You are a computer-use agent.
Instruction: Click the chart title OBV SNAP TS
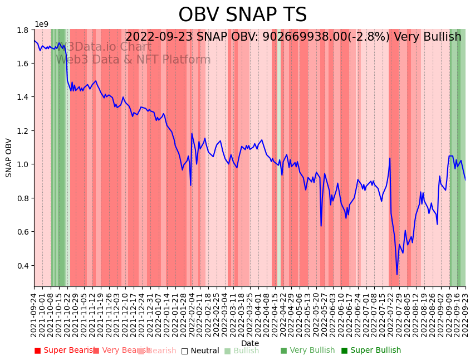tap(242, 15)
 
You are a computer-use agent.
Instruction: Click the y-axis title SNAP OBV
tap(9, 158)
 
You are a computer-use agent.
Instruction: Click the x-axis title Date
tap(250, 343)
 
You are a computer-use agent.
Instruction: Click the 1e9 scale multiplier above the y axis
tap(42, 24)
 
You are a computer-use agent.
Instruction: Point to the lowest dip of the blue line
tap(397, 274)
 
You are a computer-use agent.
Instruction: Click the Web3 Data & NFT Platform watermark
tap(133, 60)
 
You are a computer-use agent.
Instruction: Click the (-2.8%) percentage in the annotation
tap(369, 37)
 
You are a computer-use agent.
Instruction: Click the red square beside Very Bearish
tap(96, 351)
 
